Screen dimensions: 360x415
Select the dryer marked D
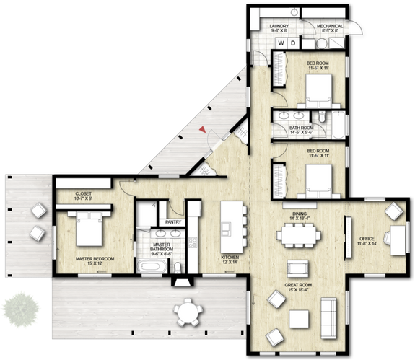click(293, 43)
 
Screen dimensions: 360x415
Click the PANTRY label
click(173, 222)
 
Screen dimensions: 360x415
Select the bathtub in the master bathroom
click(151, 268)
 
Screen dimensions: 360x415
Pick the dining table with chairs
click(297, 234)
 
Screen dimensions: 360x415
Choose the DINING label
click(300, 214)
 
